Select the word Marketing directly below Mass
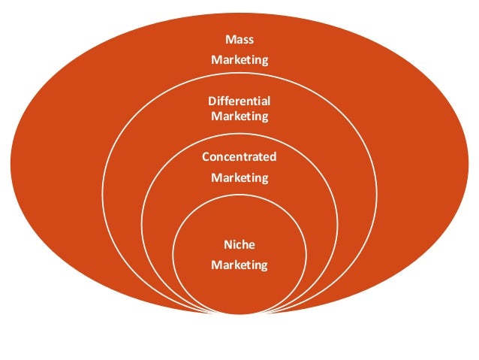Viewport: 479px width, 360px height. point(239,59)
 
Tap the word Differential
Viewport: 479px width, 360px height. point(239,101)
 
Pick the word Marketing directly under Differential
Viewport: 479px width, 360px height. point(239,116)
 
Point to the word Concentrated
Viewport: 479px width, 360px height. point(239,157)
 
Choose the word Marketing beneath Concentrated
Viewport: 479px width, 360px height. point(239,178)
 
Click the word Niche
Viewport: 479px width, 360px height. point(239,244)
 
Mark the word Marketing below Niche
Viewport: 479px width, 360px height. point(239,265)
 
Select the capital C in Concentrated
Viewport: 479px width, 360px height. point(206,157)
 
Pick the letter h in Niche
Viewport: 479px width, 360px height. point(246,244)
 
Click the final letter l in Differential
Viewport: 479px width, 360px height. point(269,101)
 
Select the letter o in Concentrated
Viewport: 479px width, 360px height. point(213,157)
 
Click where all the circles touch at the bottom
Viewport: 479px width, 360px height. point(239,312)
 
